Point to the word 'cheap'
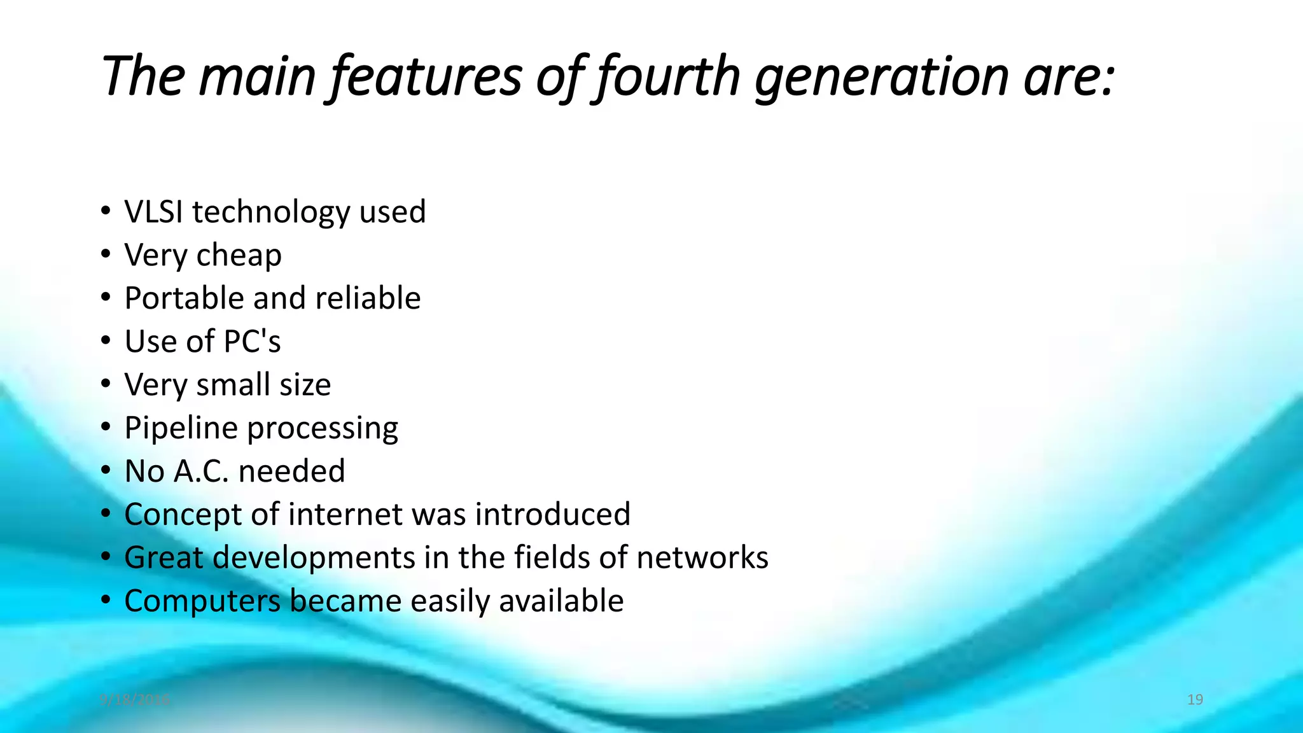239,256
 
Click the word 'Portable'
184,298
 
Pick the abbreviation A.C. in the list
200,471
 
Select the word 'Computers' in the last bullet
202,601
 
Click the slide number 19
1195,700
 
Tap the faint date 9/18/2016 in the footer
135,700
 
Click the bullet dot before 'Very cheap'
106,254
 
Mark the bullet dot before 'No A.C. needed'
106,470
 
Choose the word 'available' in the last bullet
561,601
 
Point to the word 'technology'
271,212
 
